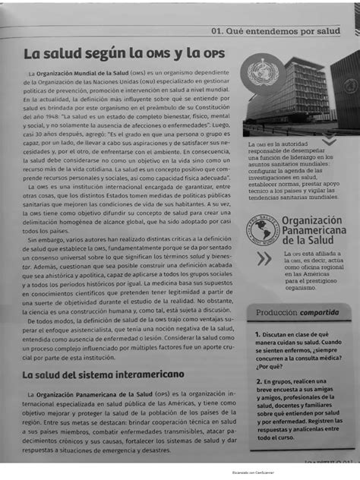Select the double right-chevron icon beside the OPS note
264,258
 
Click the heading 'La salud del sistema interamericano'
103,374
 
